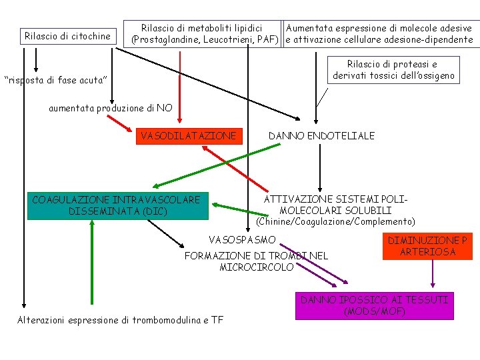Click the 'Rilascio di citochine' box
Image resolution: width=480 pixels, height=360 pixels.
tap(67, 36)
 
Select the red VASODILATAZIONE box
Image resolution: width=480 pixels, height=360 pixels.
tap(188, 136)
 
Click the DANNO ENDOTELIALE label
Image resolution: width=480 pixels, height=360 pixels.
tap(321, 136)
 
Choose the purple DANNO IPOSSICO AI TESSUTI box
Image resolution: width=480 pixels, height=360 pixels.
tap(375, 305)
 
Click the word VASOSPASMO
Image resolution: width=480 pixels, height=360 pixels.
tap(242, 239)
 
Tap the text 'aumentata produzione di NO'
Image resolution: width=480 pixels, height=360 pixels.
tap(110, 108)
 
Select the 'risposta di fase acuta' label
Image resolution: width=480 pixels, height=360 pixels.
tap(55, 80)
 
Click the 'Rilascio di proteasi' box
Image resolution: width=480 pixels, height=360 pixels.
tap(392, 70)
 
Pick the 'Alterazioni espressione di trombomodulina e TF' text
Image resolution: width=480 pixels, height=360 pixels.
tap(120, 320)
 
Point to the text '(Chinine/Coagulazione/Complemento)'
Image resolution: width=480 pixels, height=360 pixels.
tap(335, 221)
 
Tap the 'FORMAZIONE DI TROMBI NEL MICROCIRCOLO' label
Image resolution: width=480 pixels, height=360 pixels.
tap(256, 261)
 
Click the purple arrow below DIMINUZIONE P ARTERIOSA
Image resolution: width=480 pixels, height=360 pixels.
tap(433, 276)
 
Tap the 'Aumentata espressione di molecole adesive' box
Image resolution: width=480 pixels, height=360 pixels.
tap(379, 34)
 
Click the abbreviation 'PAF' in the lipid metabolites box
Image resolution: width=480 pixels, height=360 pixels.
tap(266, 40)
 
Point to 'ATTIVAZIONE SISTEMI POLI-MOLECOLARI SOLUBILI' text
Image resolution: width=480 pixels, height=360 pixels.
tap(335, 205)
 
